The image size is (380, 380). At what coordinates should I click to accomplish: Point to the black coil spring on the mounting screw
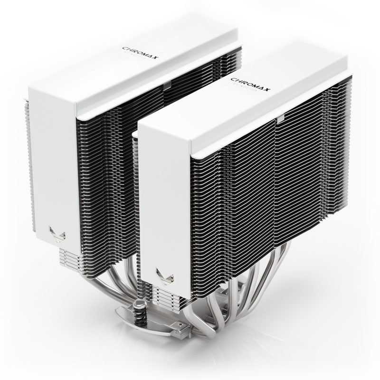click(x=141, y=314)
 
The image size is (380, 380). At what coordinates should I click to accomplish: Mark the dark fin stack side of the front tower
click(x=266, y=190)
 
